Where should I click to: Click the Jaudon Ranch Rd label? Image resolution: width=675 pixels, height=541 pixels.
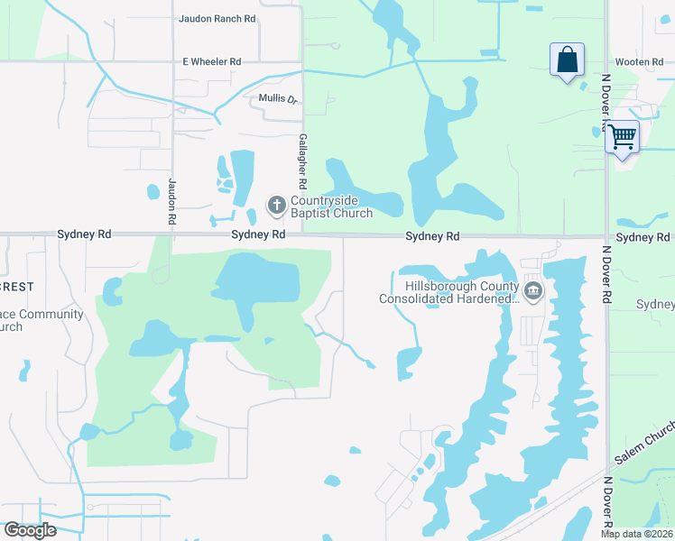tap(217, 18)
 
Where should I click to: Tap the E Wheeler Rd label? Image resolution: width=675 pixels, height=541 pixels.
tap(213, 61)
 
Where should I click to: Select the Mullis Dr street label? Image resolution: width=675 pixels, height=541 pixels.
tap(278, 98)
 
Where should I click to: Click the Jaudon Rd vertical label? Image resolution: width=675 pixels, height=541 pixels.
tap(171, 201)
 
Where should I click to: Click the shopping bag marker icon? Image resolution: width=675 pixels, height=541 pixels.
tap(568, 60)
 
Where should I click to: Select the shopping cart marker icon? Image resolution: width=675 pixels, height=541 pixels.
tap(622, 137)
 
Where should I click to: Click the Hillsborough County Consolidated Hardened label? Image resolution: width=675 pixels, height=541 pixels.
tap(449, 292)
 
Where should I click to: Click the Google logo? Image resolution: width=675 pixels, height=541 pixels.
tap(30, 530)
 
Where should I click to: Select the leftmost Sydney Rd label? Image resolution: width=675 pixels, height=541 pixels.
tap(84, 234)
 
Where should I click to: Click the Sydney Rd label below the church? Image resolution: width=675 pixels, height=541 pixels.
tap(258, 234)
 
